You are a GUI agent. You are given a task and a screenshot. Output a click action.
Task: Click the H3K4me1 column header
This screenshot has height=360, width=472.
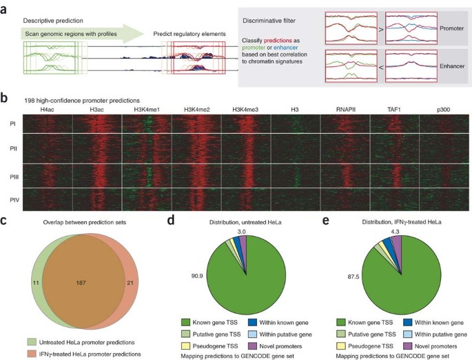point(146,109)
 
